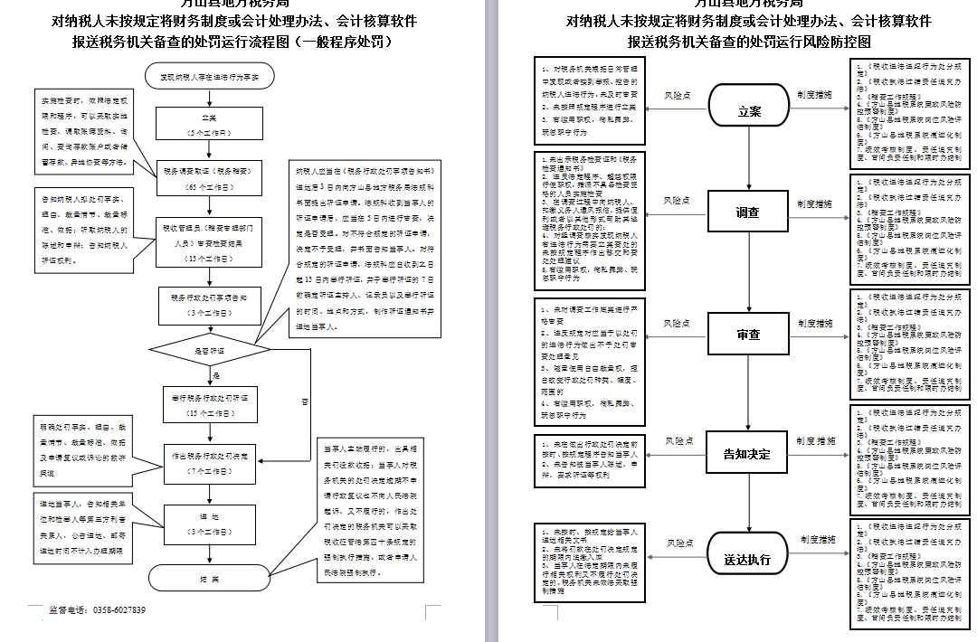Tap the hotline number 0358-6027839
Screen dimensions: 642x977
(x=119, y=610)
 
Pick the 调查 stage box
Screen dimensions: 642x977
(x=748, y=212)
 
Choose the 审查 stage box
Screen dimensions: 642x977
(x=748, y=335)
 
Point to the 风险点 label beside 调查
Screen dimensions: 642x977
(x=678, y=200)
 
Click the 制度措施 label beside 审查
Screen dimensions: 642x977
(x=815, y=323)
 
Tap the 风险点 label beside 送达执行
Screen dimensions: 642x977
(x=678, y=543)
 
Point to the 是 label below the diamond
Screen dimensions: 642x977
(x=216, y=374)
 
